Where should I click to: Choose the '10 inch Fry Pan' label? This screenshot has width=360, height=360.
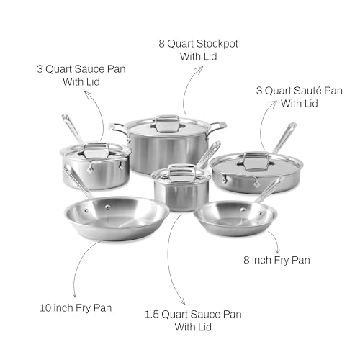click(x=81, y=307)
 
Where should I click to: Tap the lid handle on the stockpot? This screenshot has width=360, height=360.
click(x=167, y=120)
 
